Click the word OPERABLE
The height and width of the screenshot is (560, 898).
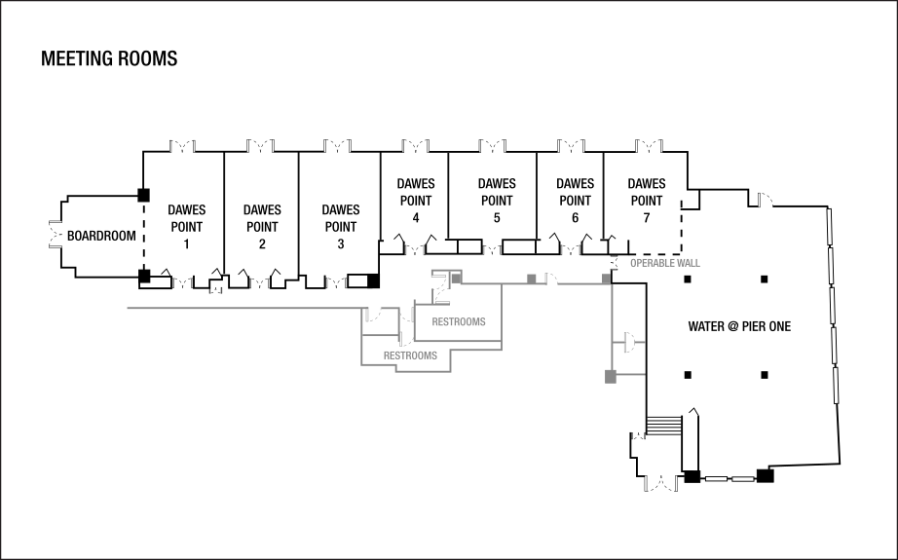click(x=653, y=263)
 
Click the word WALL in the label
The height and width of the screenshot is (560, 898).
click(x=689, y=263)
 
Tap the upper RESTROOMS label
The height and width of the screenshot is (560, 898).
click(x=459, y=322)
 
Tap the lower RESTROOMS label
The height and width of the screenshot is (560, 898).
click(x=410, y=355)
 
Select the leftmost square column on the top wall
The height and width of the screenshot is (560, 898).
click(x=455, y=279)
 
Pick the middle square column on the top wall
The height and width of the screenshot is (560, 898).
click(x=532, y=280)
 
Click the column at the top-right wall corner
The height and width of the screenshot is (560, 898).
click(x=606, y=280)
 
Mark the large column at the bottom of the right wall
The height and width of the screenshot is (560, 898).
click(x=611, y=376)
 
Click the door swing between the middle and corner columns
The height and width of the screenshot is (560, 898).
click(x=551, y=279)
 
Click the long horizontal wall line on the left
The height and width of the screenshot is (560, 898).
click(x=243, y=309)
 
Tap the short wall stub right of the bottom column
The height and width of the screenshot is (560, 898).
click(x=631, y=374)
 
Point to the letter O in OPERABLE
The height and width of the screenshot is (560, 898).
click(x=633, y=263)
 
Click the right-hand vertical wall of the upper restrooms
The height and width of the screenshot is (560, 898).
click(x=502, y=312)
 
